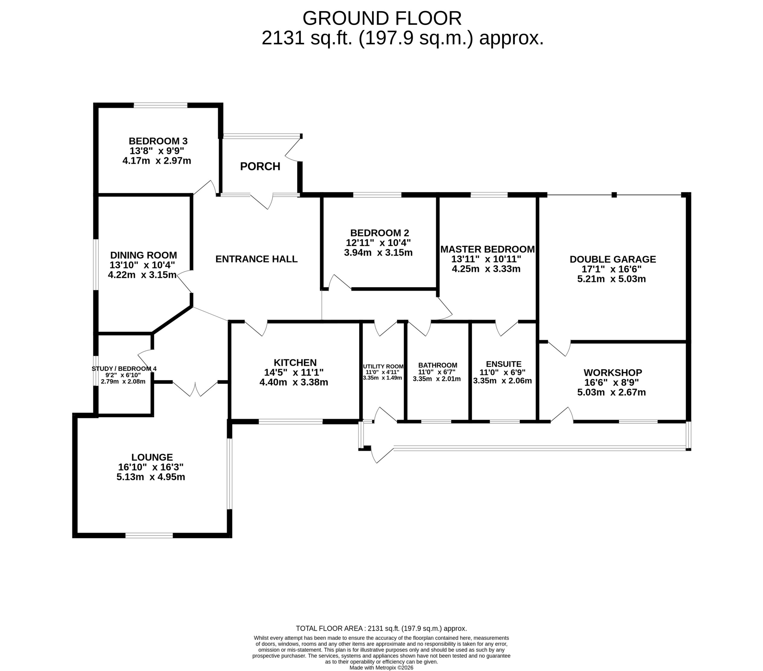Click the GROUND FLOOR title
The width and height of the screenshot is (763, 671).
(381, 18)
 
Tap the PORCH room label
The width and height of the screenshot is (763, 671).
(260, 166)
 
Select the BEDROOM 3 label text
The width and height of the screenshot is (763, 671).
(158, 141)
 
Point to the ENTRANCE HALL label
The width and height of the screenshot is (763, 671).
(256, 259)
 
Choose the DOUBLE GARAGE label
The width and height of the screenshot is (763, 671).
(612, 259)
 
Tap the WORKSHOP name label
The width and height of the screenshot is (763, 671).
(612, 373)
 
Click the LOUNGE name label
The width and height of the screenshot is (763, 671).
(152, 457)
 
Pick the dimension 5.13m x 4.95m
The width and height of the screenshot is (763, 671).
(151, 477)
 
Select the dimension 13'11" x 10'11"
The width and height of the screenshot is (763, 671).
(486, 259)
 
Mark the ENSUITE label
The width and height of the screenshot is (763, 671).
(504, 364)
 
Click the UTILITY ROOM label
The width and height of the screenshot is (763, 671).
(383, 366)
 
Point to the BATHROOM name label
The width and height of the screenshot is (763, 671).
(438, 365)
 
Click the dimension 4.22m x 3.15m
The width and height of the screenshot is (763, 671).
(142, 275)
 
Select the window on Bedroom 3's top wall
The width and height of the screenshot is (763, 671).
(161, 105)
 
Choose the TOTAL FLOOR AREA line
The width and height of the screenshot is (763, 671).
(381, 628)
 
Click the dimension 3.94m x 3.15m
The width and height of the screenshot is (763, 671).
(378, 253)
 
